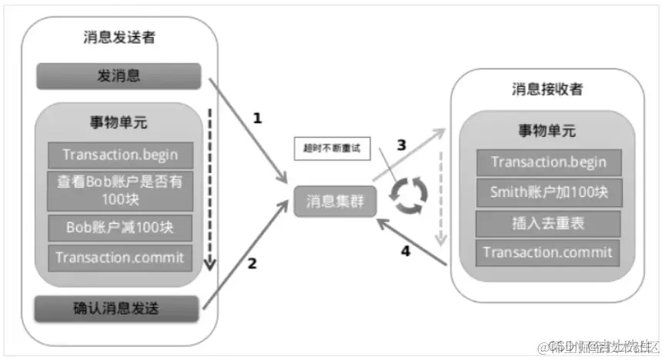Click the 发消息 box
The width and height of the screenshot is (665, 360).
click(x=118, y=75)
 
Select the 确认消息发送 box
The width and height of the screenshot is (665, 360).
click(x=118, y=309)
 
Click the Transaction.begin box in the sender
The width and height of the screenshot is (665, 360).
click(x=120, y=154)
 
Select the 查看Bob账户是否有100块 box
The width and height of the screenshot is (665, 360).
click(x=120, y=189)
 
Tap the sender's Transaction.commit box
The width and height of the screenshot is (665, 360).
click(x=120, y=257)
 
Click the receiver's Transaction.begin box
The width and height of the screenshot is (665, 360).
click(x=548, y=162)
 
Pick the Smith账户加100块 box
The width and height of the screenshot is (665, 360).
click(x=548, y=192)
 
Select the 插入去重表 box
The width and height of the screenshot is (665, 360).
click(x=548, y=223)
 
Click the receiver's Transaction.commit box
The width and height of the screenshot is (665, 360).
click(x=548, y=252)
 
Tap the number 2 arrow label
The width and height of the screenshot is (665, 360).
click(x=251, y=263)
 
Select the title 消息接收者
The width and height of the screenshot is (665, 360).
click(x=547, y=88)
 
